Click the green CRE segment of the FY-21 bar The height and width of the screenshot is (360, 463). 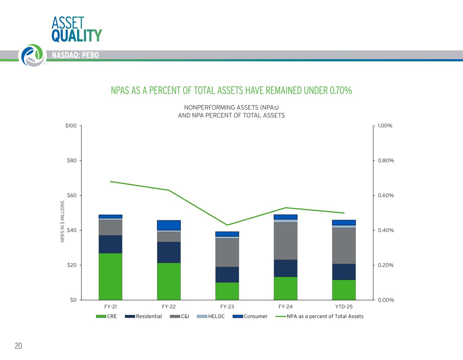pyautogui.click(x=111, y=276)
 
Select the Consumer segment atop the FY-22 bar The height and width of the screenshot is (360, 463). pyautogui.click(x=169, y=225)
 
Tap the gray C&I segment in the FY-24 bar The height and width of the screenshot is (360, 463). pyautogui.click(x=286, y=241)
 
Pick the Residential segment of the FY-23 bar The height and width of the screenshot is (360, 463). pyautogui.click(x=227, y=275)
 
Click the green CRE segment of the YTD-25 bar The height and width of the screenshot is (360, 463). pyautogui.click(x=344, y=290)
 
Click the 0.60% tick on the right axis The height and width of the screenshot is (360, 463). pyautogui.click(x=386, y=196)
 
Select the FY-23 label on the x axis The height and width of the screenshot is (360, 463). pyautogui.click(x=227, y=307)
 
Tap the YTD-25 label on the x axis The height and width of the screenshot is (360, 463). pyautogui.click(x=344, y=307)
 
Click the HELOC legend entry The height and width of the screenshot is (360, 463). pyautogui.click(x=216, y=316)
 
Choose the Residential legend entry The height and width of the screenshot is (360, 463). pyautogui.click(x=149, y=316)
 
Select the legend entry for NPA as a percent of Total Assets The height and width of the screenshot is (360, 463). pyautogui.click(x=325, y=316)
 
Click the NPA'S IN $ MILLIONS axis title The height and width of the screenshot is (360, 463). pyautogui.click(x=62, y=222)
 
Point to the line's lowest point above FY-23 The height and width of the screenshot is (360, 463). pyautogui.click(x=227, y=225)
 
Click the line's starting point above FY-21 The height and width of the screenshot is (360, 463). pyautogui.click(x=111, y=181)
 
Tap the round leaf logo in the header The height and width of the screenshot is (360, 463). pyautogui.click(x=32, y=55)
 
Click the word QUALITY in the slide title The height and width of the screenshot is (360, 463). pyautogui.click(x=77, y=36)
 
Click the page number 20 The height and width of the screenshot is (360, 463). pyautogui.click(x=18, y=346)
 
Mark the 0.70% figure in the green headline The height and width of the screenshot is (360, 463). pyautogui.click(x=340, y=91)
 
